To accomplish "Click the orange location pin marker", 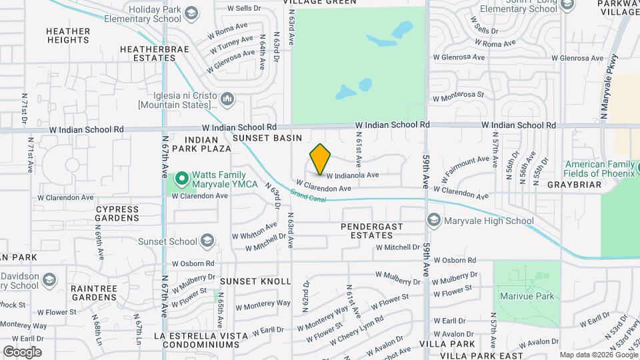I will point(321,159).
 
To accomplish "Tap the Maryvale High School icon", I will point(434,221).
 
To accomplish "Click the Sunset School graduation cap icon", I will point(208,241).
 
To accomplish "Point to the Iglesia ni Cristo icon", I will point(228,99).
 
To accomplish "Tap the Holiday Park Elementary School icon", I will point(191,13).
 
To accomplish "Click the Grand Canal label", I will point(307,197).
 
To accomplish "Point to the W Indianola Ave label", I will point(353,175).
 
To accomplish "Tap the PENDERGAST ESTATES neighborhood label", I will point(372,231).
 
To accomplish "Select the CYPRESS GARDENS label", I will point(117,213).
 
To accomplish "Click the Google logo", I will point(22,351).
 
